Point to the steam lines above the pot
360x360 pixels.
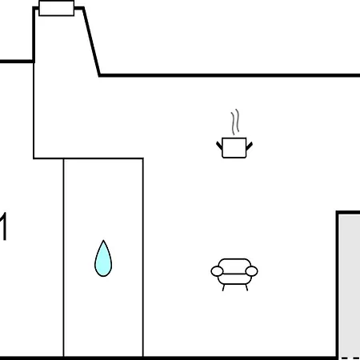235,122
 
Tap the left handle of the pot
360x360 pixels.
219,146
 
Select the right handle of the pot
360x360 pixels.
249,146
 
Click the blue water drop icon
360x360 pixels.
103,258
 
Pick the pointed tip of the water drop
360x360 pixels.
103,240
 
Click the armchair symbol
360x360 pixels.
234,274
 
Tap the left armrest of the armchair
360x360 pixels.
217,271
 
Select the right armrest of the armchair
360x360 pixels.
251,271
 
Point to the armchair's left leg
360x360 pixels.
223,288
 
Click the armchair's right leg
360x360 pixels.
246,288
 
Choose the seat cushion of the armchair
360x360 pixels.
234,279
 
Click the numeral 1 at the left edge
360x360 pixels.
3,226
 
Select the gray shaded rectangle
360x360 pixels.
350,286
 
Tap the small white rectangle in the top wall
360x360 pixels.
56,8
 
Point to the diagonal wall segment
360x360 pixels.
91,42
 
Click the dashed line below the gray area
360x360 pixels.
350,358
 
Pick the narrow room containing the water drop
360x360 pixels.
103,258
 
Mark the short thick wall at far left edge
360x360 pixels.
17,62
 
